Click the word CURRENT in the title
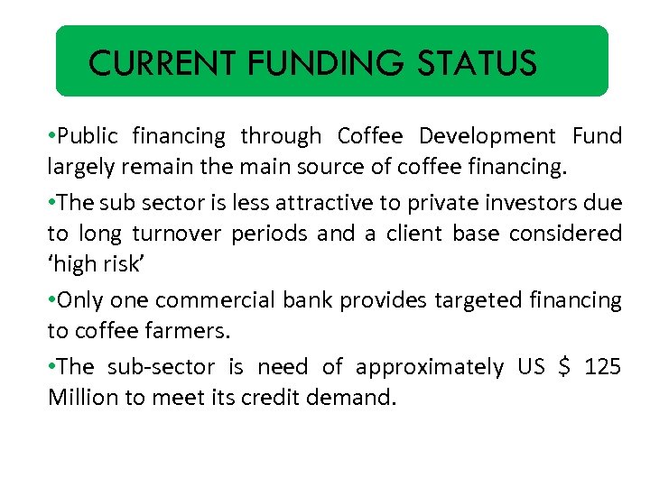tap(162, 64)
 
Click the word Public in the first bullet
tap(88, 137)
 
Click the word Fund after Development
tap(598, 137)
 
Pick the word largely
tap(78, 168)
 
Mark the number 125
tap(603, 367)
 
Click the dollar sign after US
tap(565, 367)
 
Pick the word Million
tap(83, 398)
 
